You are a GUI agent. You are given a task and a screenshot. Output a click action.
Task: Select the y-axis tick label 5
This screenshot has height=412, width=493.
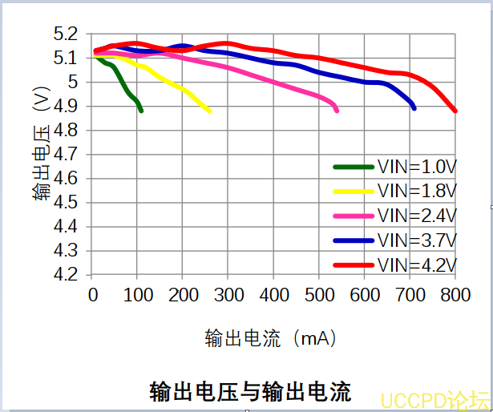(73, 83)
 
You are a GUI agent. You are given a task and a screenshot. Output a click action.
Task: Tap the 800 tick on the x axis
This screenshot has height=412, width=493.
(455, 295)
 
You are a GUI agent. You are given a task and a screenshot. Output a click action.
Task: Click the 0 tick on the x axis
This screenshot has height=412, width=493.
(93, 295)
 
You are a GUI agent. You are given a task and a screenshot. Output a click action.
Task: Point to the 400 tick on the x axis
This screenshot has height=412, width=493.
(274, 295)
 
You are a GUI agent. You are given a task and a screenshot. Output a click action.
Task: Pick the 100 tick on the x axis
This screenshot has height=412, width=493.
(138, 295)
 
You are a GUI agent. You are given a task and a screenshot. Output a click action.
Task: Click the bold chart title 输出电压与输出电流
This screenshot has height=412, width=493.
(251, 392)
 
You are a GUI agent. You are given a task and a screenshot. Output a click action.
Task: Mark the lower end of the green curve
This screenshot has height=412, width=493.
(141, 111)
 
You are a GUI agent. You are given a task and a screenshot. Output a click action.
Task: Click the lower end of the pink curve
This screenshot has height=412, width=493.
(337, 111)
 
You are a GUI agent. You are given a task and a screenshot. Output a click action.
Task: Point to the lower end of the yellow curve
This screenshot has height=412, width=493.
(209, 111)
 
